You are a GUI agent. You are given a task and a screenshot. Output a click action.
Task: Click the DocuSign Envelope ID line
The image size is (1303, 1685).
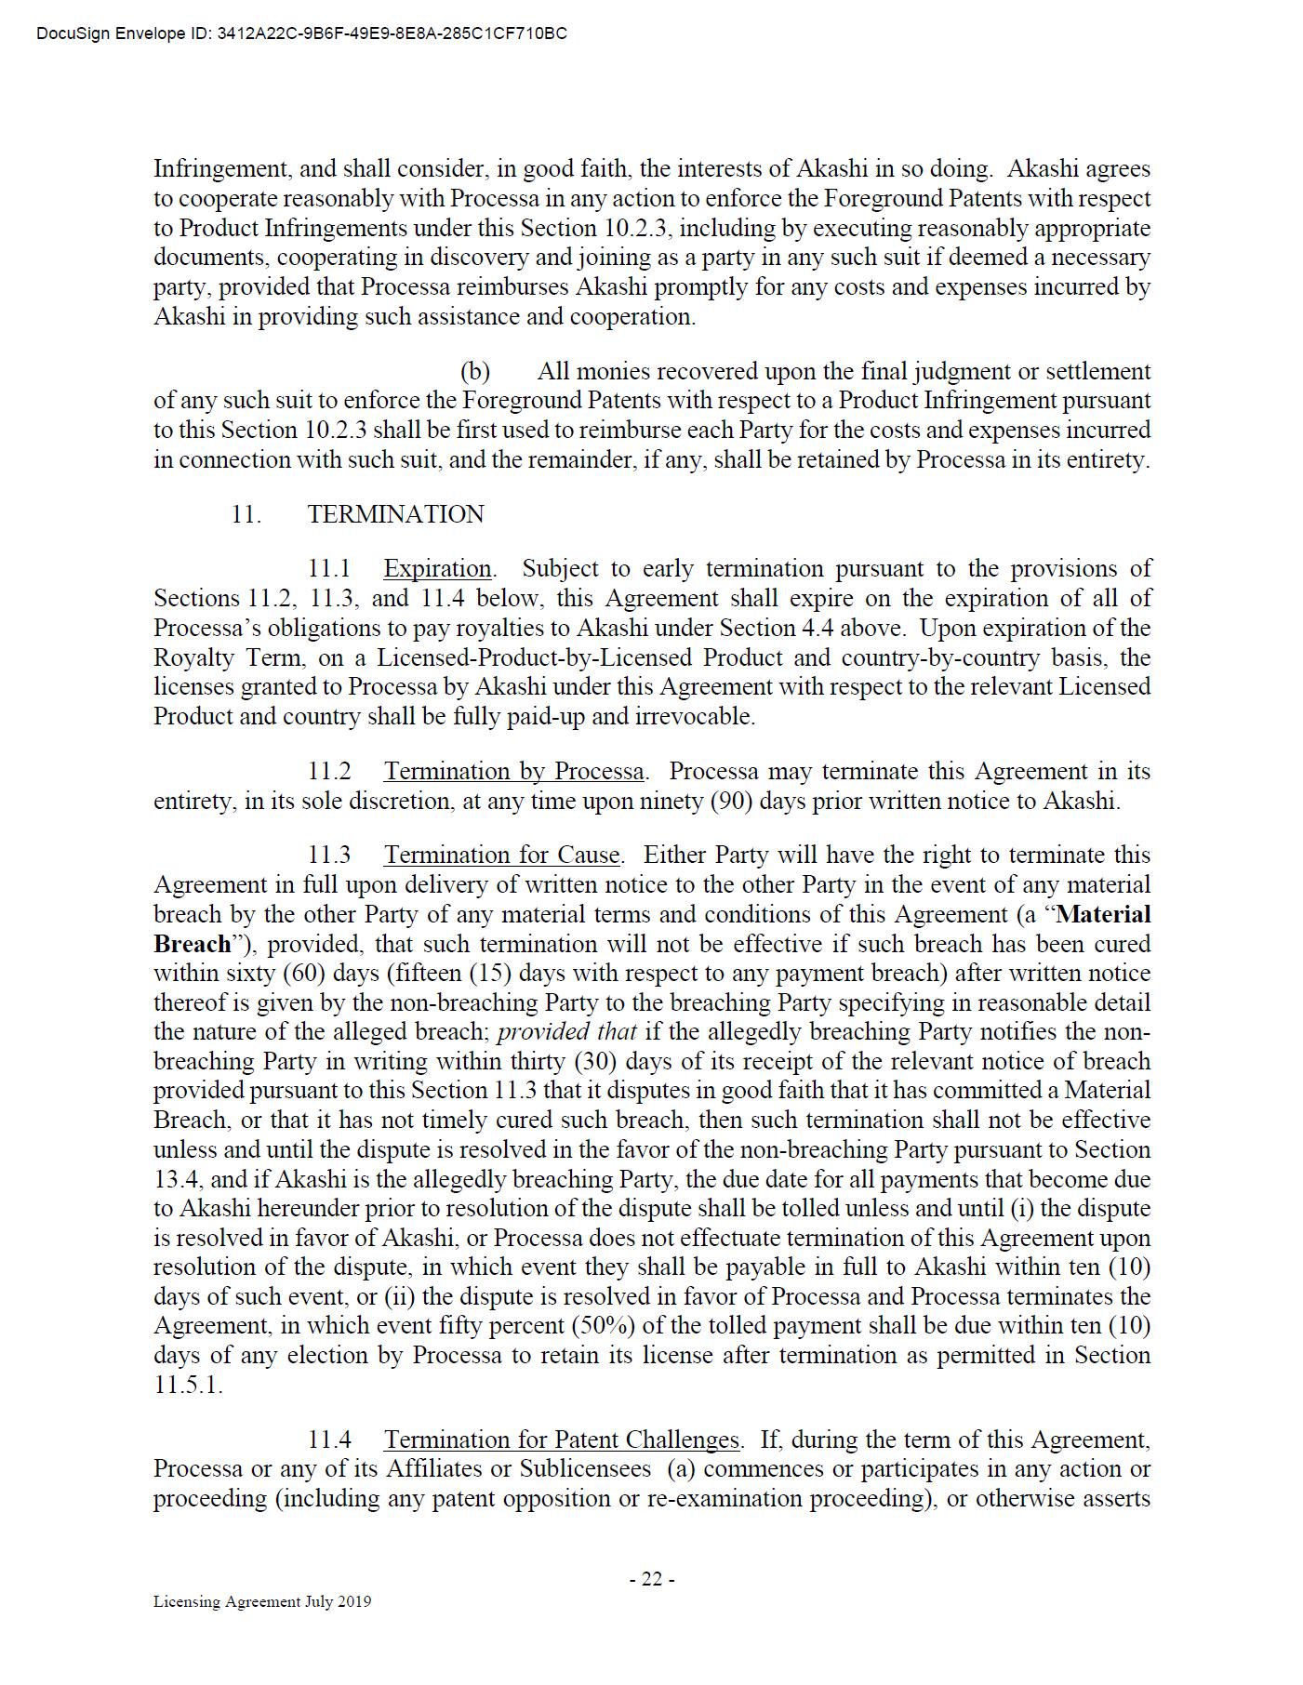point(301,34)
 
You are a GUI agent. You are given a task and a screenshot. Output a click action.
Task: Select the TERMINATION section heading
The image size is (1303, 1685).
point(395,514)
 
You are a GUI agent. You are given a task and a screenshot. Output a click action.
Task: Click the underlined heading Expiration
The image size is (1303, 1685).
point(437,568)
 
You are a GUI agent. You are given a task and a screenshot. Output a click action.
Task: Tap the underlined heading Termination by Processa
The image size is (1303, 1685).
point(513,771)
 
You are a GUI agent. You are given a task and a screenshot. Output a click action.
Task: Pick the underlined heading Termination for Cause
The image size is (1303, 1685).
point(501,855)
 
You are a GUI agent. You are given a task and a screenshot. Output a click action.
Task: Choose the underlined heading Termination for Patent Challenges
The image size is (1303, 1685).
point(562,1440)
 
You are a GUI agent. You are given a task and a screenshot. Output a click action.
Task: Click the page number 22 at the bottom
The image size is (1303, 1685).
point(652,1578)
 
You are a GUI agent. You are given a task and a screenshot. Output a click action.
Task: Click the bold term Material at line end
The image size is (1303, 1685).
point(1104,914)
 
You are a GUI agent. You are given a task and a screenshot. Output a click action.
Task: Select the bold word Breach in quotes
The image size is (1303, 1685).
point(192,944)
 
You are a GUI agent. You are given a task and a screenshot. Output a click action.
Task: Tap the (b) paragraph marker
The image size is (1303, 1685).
point(475,371)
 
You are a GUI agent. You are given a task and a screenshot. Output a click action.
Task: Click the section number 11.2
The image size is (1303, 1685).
point(330,771)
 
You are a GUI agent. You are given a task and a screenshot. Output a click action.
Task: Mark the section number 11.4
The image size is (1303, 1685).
point(330,1440)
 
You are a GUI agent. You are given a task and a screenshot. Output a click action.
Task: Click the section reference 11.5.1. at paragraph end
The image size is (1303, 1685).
point(188,1384)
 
